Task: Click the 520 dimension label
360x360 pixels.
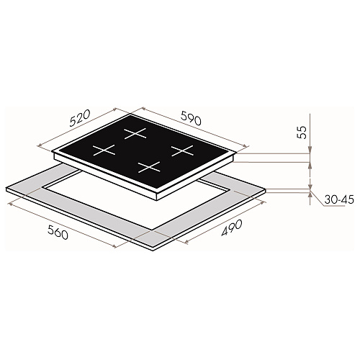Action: (80, 118)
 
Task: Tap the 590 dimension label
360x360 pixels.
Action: (191, 118)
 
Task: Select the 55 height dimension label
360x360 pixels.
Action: (302, 132)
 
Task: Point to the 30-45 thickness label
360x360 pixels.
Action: (339, 199)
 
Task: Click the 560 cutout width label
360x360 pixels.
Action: (58, 232)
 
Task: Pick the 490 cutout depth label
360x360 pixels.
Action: (231, 228)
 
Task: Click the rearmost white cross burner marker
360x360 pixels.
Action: (135, 133)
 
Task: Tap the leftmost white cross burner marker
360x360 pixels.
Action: (104, 150)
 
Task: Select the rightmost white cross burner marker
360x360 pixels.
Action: (182, 150)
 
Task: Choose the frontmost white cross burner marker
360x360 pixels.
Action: (149, 167)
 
